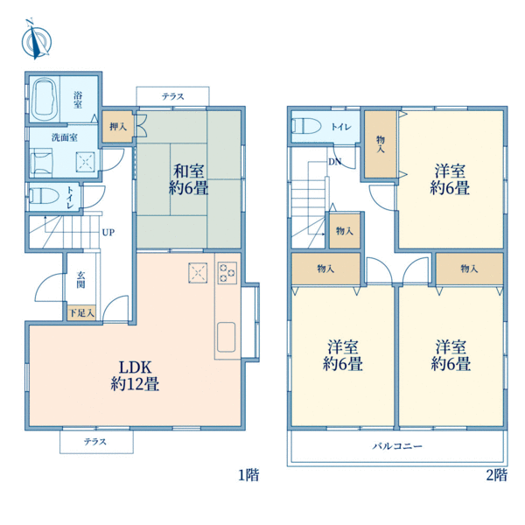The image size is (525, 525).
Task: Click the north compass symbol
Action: click(x=36, y=40)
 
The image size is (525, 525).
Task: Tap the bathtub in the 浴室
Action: click(x=45, y=100)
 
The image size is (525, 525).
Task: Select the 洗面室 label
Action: click(x=64, y=137)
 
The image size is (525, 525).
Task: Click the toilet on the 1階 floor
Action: click(x=45, y=196)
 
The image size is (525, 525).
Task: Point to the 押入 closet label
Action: click(x=118, y=127)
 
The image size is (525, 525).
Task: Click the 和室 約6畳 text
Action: click(x=188, y=179)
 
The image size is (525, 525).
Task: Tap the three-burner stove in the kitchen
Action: click(x=227, y=272)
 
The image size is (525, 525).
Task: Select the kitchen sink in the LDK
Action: click(x=226, y=337)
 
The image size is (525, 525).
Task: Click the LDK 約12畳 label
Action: click(x=136, y=375)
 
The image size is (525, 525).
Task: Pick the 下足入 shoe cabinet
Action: click(x=81, y=313)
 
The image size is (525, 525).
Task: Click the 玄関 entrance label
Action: click(x=80, y=280)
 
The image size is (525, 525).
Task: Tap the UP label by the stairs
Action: click(x=108, y=232)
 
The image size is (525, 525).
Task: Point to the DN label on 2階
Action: click(x=335, y=162)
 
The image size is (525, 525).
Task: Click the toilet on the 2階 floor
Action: click(x=306, y=126)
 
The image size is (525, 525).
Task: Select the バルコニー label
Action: click(x=397, y=446)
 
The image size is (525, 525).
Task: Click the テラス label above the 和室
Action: click(x=173, y=96)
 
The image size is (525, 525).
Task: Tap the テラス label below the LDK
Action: click(x=95, y=442)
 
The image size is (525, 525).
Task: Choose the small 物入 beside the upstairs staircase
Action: click(x=345, y=231)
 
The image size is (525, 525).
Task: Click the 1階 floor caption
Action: click(x=248, y=475)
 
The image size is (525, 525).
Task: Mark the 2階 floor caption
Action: click(x=497, y=475)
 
